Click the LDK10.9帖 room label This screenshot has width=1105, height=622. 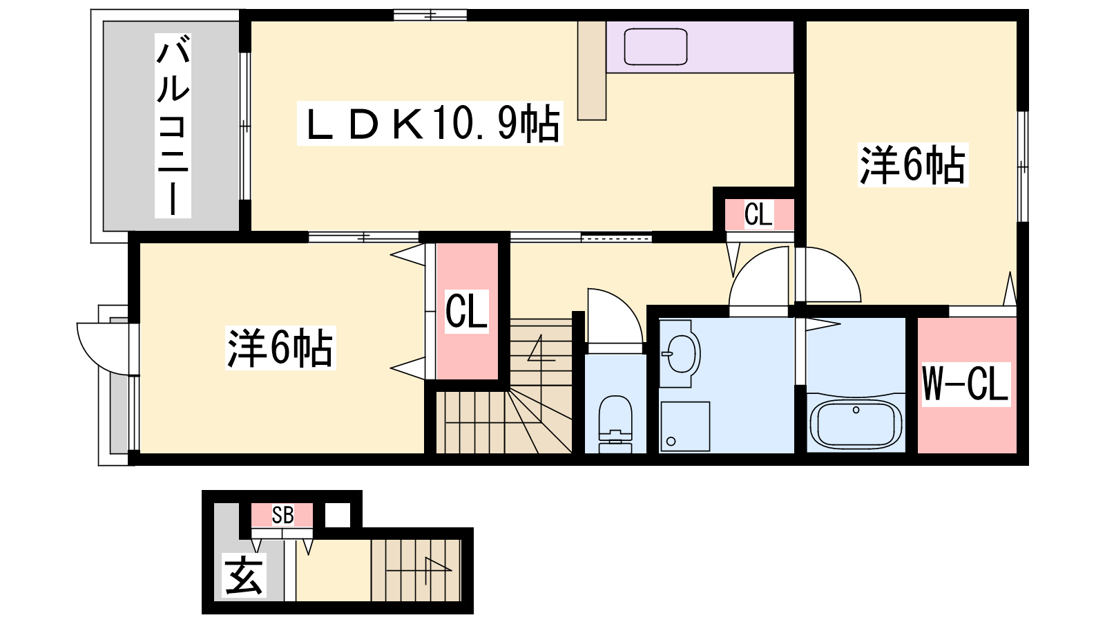430,123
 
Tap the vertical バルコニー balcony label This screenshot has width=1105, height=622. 173,126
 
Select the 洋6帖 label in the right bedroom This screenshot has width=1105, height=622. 913,165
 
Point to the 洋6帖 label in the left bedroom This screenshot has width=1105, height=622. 280,348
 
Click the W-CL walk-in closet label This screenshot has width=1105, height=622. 965,384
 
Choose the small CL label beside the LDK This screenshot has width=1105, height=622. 758,214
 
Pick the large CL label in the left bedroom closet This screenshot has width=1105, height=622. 466,312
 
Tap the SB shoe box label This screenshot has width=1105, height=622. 282,515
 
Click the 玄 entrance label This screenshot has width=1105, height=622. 243,575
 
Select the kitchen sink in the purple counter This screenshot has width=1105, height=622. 655,47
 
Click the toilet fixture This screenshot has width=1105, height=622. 615,424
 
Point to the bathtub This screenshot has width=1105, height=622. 856,424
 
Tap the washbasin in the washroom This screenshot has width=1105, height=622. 680,353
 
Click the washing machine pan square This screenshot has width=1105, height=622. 685,426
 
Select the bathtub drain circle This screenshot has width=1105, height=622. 856,411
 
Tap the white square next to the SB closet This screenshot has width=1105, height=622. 338,515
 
